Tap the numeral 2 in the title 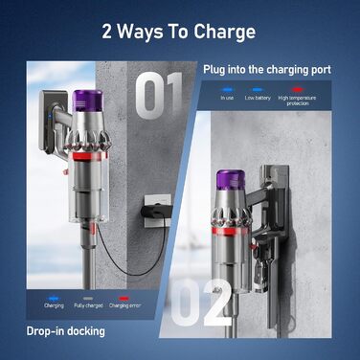coord(109,32)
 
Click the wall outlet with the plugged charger coord(153,206)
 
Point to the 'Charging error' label coord(131,306)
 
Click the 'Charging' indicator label coord(55,306)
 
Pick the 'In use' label coord(227,97)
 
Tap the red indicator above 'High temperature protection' coord(300,87)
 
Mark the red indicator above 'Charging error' coord(130,297)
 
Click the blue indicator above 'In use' coord(227,87)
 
